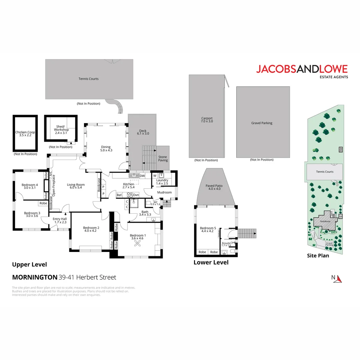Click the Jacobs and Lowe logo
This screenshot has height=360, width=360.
click(302, 71)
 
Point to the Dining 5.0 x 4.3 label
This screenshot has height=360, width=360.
click(106, 148)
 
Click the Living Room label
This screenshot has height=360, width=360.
click(76, 186)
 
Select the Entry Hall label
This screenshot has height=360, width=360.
click(60, 221)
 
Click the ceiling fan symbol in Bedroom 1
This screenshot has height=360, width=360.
click(137, 244)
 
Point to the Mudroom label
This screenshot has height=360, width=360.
click(164, 192)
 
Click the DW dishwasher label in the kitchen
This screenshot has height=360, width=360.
click(142, 176)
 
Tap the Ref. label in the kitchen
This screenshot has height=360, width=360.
click(119, 195)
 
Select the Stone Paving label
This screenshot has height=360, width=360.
click(163, 158)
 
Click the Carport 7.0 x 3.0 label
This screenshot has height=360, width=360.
click(207, 120)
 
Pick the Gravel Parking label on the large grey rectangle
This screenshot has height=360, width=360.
click(262, 123)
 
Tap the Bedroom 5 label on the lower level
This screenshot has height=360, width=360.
click(208, 230)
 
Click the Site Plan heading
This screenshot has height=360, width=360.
click(318, 256)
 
